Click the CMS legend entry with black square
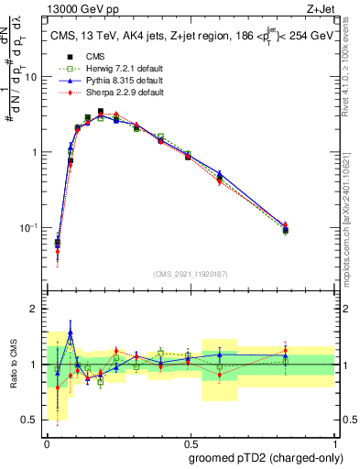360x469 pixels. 90,57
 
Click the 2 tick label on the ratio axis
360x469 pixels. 35,310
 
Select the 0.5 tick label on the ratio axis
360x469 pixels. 31,420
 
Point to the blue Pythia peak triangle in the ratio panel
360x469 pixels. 71,333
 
